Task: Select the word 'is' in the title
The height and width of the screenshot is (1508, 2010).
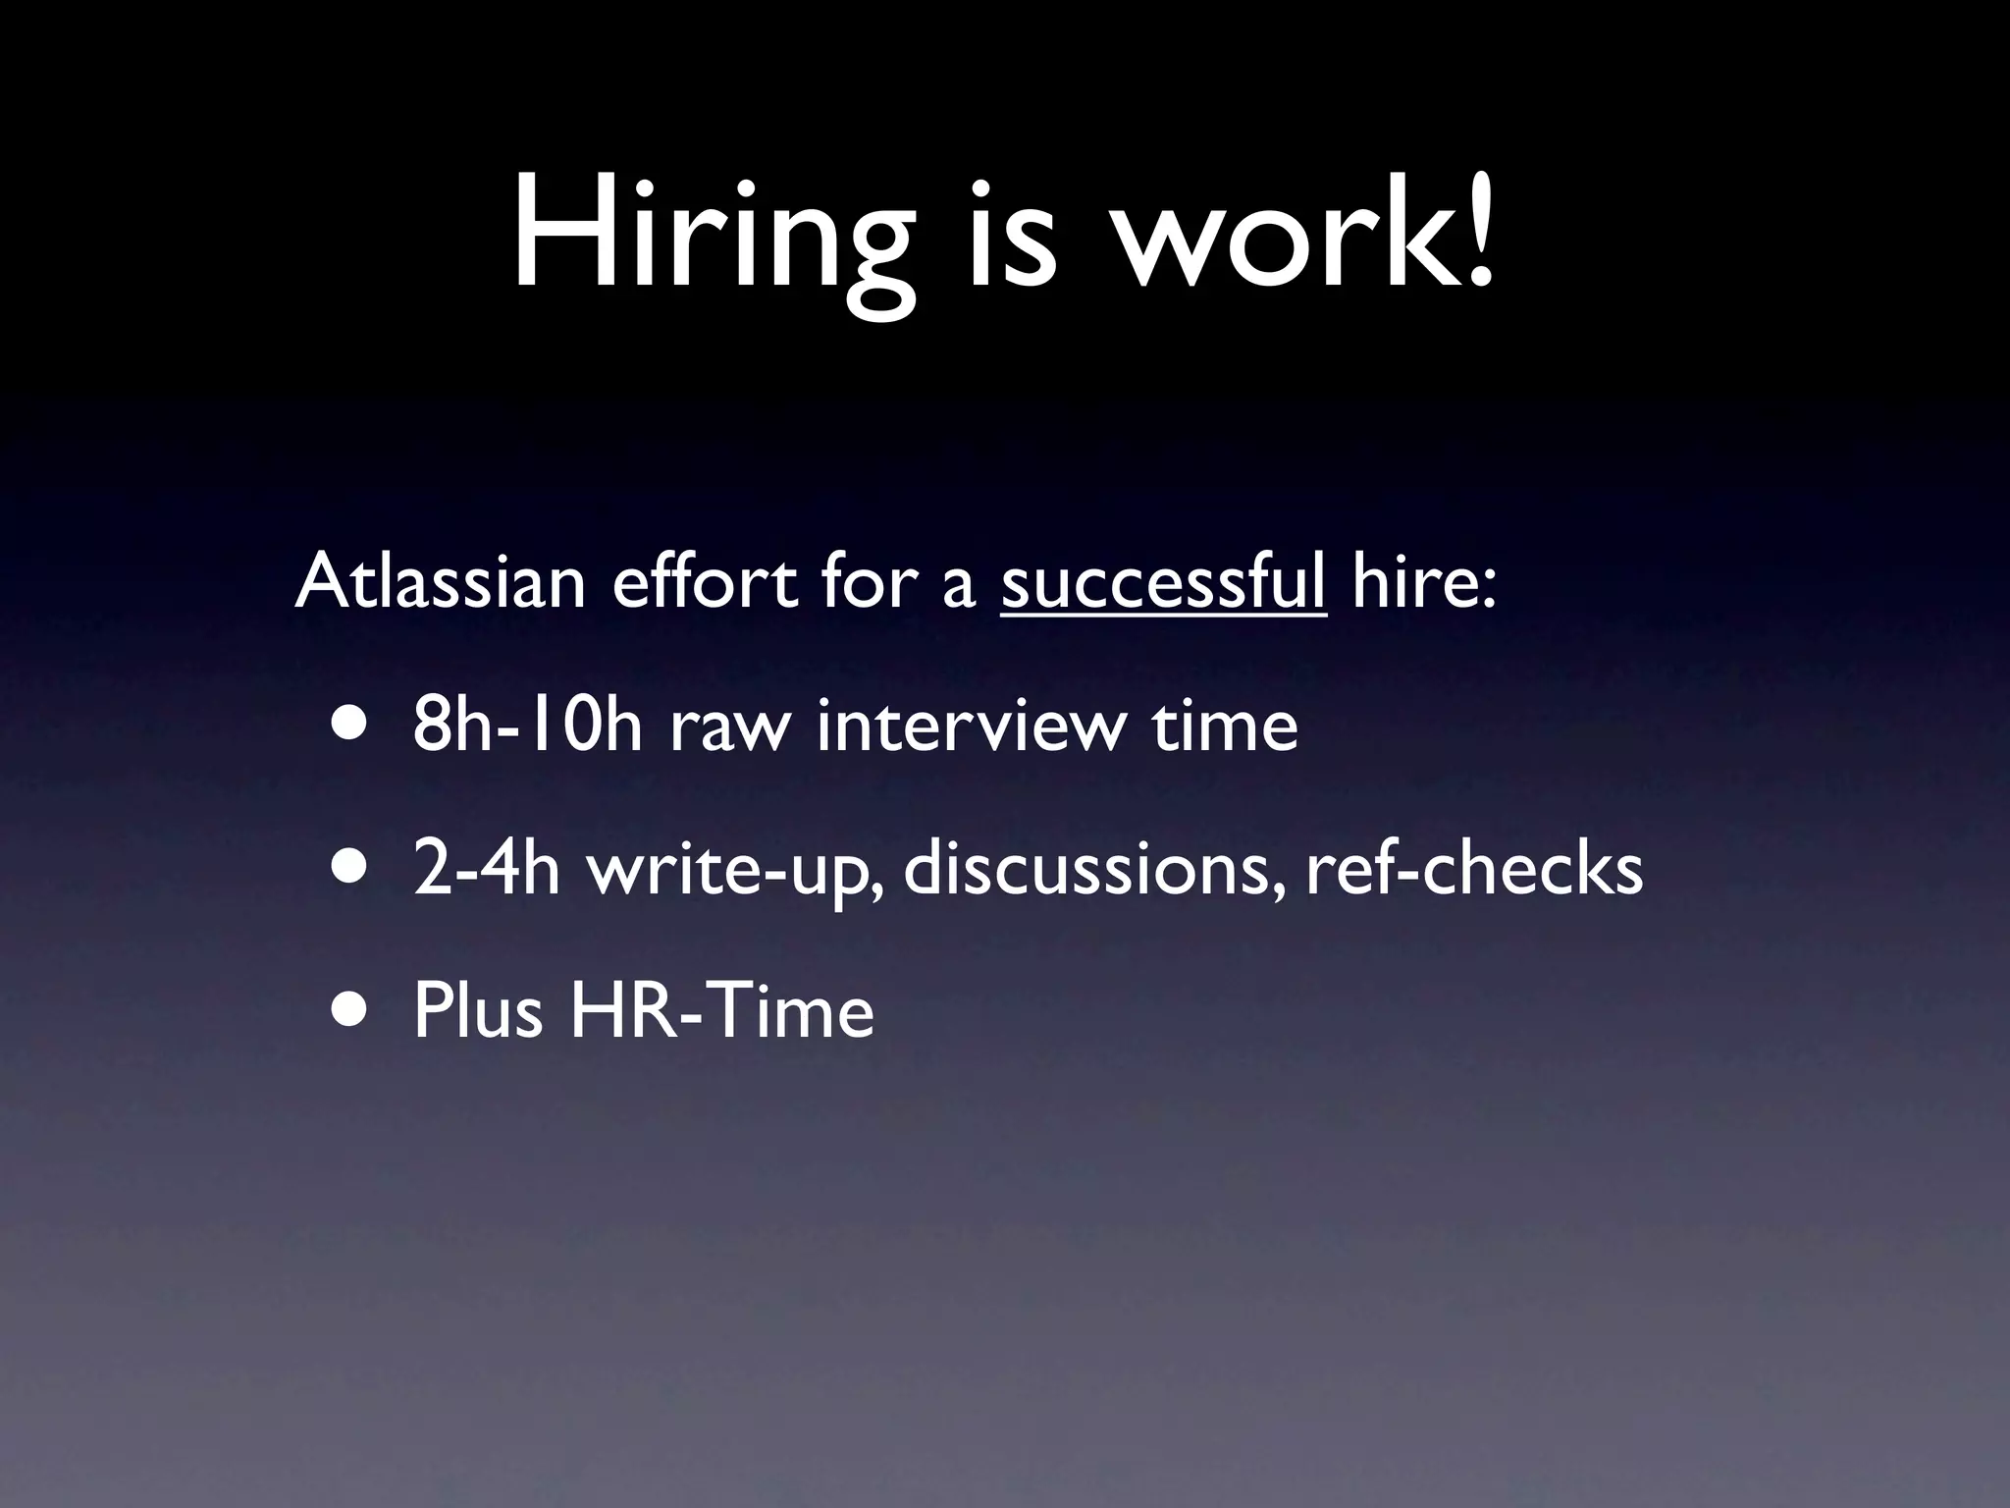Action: pyautogui.click(x=1012, y=236)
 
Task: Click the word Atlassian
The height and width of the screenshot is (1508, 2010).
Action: pyautogui.click(x=440, y=581)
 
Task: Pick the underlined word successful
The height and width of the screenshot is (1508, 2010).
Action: pyautogui.click(x=1163, y=581)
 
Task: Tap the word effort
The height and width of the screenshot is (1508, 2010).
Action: pyautogui.click(x=705, y=581)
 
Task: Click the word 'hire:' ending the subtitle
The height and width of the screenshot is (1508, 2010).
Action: pyautogui.click(x=1424, y=581)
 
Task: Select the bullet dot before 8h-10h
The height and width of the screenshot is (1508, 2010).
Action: pyautogui.click(x=350, y=725)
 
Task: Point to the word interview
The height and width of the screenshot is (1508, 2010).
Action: pyautogui.click(x=968, y=725)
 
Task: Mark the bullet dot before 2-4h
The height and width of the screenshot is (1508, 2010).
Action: pyautogui.click(x=350, y=868)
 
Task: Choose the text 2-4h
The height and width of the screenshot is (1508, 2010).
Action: pyautogui.click(x=486, y=868)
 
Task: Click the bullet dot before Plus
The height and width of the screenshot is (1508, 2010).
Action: pyautogui.click(x=350, y=1011)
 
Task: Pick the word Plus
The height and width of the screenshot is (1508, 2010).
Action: pyautogui.click(x=477, y=1011)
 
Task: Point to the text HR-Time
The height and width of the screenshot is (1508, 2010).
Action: pyautogui.click(x=721, y=1011)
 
